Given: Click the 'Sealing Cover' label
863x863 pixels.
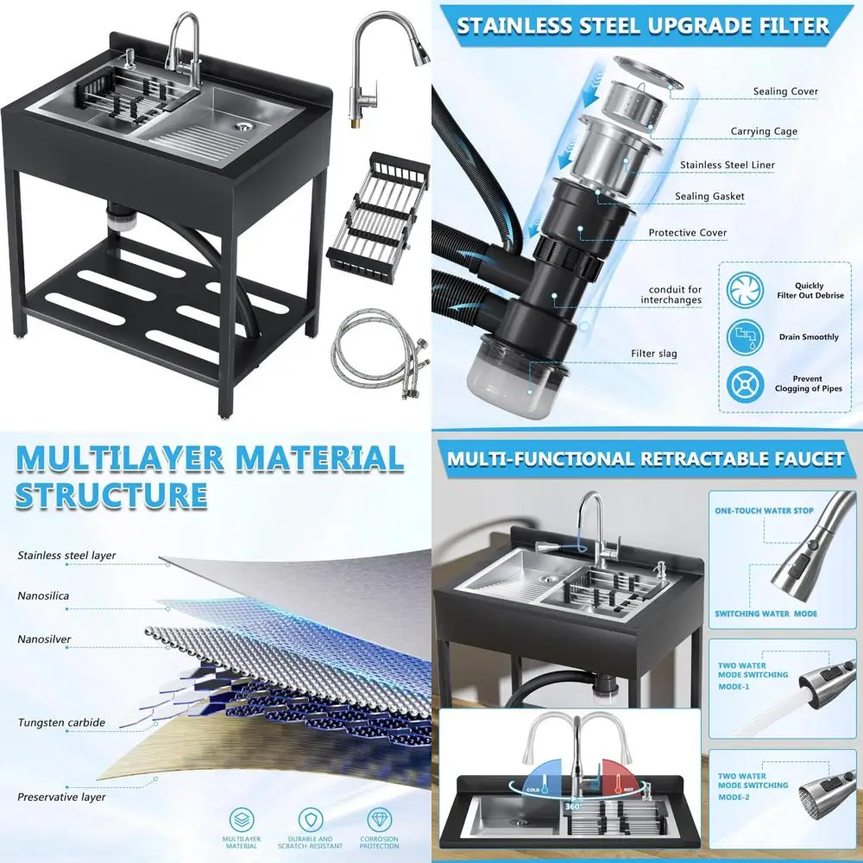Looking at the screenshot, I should click(x=784, y=91).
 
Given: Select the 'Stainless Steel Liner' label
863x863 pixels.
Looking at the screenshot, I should click(x=727, y=165).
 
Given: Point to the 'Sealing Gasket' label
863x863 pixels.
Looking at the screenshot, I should click(x=709, y=197).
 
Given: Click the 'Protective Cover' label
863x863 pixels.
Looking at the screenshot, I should click(x=687, y=233).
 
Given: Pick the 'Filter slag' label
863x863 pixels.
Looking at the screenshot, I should click(x=653, y=354).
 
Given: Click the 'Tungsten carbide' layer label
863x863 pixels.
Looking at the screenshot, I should click(x=61, y=723).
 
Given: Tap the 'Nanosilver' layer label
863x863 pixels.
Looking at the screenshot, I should click(x=44, y=640).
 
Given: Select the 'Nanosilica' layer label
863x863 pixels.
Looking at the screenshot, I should click(x=44, y=595).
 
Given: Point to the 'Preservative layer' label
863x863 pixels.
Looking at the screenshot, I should click(x=61, y=797).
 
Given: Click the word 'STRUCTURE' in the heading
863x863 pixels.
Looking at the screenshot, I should click(x=111, y=496).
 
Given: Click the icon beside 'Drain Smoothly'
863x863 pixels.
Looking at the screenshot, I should click(x=745, y=337).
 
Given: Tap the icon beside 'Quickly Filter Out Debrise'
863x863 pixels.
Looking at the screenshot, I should click(x=745, y=291).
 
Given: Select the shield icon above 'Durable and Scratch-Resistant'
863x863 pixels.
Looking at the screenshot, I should click(x=311, y=819).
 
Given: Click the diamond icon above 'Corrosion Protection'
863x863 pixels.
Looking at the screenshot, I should click(x=380, y=819).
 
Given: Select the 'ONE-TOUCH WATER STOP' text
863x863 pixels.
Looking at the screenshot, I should click(x=764, y=511).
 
